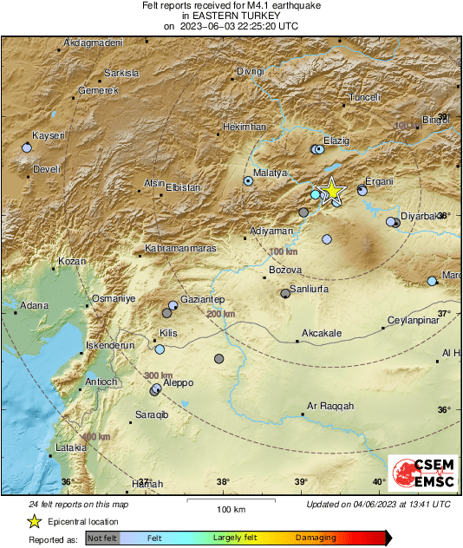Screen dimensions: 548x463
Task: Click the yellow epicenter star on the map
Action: point(331,191)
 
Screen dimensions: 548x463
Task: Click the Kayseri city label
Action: point(49,136)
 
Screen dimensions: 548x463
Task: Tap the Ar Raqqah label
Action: point(331,406)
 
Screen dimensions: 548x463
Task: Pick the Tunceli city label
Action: point(364,98)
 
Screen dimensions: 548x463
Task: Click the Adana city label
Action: point(34,305)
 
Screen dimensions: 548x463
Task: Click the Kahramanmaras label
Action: point(180,250)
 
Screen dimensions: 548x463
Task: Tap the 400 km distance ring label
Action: point(95,437)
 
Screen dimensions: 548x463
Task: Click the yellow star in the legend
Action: point(34,521)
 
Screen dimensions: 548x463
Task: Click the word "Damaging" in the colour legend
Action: point(316,538)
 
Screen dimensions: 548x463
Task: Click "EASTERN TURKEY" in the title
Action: point(231,16)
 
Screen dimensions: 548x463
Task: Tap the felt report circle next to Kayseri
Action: point(26,148)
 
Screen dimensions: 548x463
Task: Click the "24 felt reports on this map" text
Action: point(78,504)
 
